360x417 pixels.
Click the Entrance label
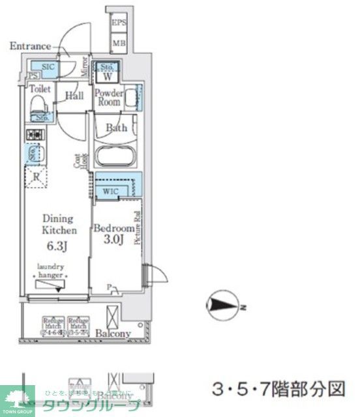coord(30,46)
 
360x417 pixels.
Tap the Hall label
coord(74,96)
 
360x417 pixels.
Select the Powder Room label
coord(108,97)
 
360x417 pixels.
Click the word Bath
coord(117,128)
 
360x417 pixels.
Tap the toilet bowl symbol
coord(40,106)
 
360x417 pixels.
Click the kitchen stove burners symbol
coord(34,135)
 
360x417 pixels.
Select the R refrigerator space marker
coord(36,176)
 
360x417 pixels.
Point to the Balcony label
coord(113,334)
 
